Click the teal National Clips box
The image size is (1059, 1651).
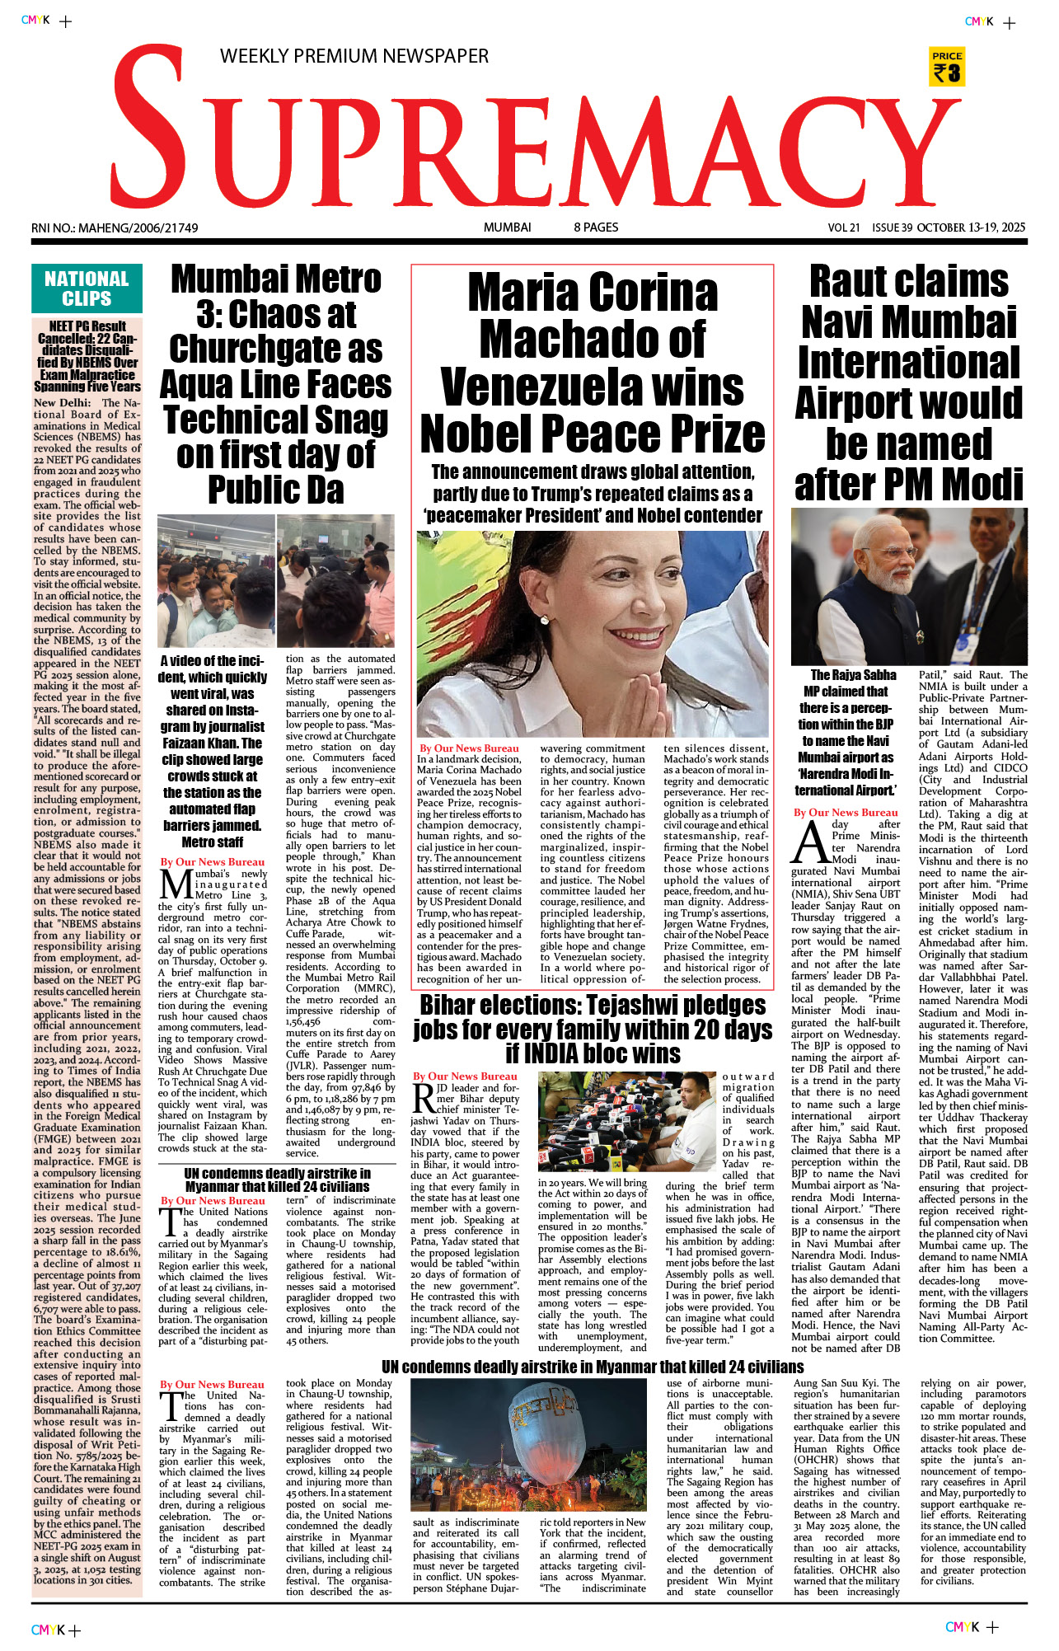[87, 288]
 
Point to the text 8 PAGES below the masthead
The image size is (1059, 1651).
[596, 227]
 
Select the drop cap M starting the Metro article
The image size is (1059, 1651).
[175, 884]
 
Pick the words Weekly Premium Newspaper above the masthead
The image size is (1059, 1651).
[354, 56]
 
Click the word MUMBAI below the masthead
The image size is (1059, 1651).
[507, 227]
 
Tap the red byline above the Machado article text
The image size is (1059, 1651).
[469, 748]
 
